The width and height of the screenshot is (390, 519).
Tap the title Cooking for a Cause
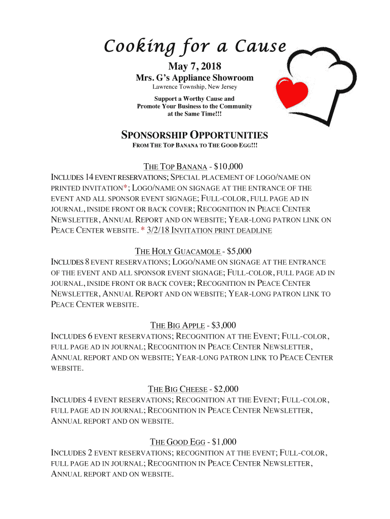click(x=194, y=47)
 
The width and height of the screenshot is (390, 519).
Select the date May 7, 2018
click(x=194, y=66)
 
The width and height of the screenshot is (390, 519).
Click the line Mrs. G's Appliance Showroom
click(x=194, y=78)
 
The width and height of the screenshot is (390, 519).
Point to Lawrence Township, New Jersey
click(x=194, y=87)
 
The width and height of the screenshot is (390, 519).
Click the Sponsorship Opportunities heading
click(x=194, y=135)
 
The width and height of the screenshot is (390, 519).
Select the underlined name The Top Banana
click(x=175, y=166)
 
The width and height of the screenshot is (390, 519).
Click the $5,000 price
click(x=239, y=251)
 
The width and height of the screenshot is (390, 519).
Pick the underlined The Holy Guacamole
click(x=177, y=251)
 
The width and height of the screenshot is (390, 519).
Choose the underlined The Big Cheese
click(x=177, y=389)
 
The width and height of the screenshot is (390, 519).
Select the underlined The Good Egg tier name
click(x=177, y=442)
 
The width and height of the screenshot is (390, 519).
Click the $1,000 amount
click(x=224, y=442)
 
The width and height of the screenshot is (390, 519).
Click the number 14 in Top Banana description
click(x=90, y=177)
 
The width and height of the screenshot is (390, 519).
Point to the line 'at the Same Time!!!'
click(x=194, y=115)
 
